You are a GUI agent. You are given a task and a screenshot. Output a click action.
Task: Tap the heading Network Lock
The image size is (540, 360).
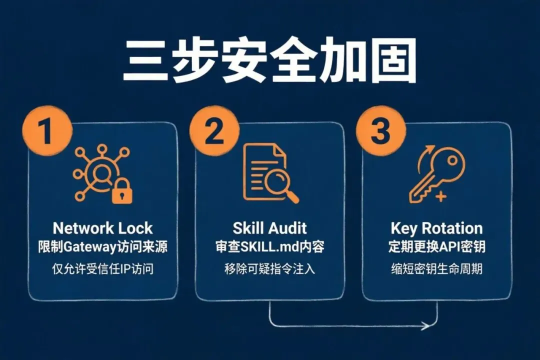pos(102,228)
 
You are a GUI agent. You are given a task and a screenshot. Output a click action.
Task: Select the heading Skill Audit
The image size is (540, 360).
pos(269,228)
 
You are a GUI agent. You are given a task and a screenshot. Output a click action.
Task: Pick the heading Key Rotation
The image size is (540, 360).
pos(436,228)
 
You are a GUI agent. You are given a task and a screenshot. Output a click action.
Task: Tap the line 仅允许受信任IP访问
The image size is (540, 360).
pos(102,269)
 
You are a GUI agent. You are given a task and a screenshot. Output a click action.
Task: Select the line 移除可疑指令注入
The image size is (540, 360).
pos(269,269)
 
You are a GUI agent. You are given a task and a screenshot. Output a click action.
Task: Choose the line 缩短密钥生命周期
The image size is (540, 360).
pos(436,269)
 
